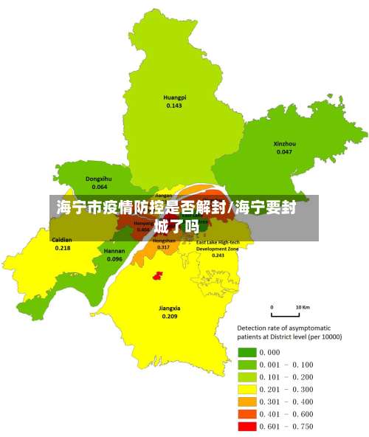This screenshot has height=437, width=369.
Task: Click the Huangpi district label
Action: [174, 97]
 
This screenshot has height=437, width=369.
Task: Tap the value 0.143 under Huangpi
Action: [174, 106]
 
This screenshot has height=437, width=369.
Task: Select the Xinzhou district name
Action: [284, 143]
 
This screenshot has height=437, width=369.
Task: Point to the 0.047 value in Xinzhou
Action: [284, 151]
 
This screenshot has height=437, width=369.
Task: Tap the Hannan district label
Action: [114, 251]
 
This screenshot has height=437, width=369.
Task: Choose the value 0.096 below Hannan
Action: [114, 259]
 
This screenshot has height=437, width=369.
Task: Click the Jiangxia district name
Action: [170, 308]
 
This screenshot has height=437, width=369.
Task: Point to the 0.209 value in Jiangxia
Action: [170, 316]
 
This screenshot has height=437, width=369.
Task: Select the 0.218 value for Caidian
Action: [63, 248]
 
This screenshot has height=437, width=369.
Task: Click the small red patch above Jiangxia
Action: [156, 275]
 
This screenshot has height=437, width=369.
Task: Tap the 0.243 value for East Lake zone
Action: [218, 255]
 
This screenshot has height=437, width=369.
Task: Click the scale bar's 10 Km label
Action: [302, 306]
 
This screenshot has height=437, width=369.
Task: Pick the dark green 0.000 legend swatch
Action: [246, 352]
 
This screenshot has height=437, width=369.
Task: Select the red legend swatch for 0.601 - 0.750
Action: [246, 427]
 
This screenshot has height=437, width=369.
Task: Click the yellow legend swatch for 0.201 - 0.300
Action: [246, 389]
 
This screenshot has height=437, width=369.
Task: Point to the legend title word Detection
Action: [252, 327]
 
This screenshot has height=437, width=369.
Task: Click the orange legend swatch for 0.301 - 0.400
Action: [246, 402]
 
